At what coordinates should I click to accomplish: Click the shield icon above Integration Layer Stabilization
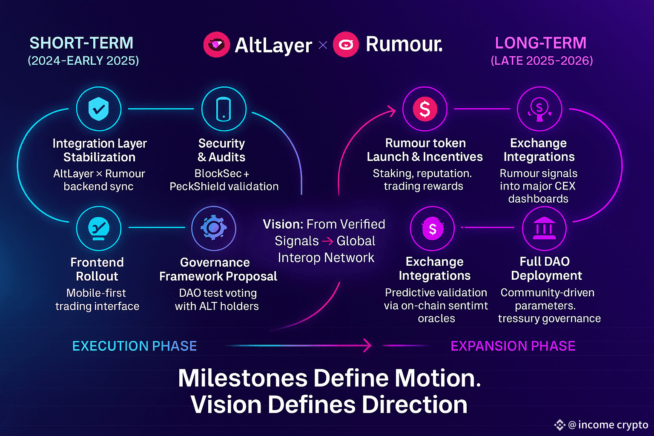pyautogui.click(x=98, y=109)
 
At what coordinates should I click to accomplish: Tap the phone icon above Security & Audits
pyautogui.click(x=224, y=109)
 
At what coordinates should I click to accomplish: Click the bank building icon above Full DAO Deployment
pyautogui.click(x=544, y=228)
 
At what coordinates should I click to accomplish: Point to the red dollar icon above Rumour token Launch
pyautogui.click(x=425, y=109)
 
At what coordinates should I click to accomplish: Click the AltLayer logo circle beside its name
pyautogui.click(x=217, y=45)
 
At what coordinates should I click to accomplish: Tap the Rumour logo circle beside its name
pyautogui.click(x=346, y=45)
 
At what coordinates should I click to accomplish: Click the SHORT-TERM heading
pyautogui.click(x=81, y=43)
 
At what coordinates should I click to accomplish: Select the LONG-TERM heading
pyautogui.click(x=541, y=43)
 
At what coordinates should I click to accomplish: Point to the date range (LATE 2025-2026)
pyautogui.click(x=542, y=60)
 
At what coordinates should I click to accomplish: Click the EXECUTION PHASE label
pyautogui.click(x=135, y=346)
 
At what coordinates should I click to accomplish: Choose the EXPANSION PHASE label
pyautogui.click(x=513, y=346)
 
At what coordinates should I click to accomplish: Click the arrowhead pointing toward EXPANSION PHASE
pyautogui.click(x=367, y=345)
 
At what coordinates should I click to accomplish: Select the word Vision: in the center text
pyautogui.click(x=283, y=224)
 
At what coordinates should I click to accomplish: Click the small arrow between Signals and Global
pyautogui.click(x=327, y=241)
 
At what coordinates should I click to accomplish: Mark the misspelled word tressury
pyautogui.click(x=521, y=318)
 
